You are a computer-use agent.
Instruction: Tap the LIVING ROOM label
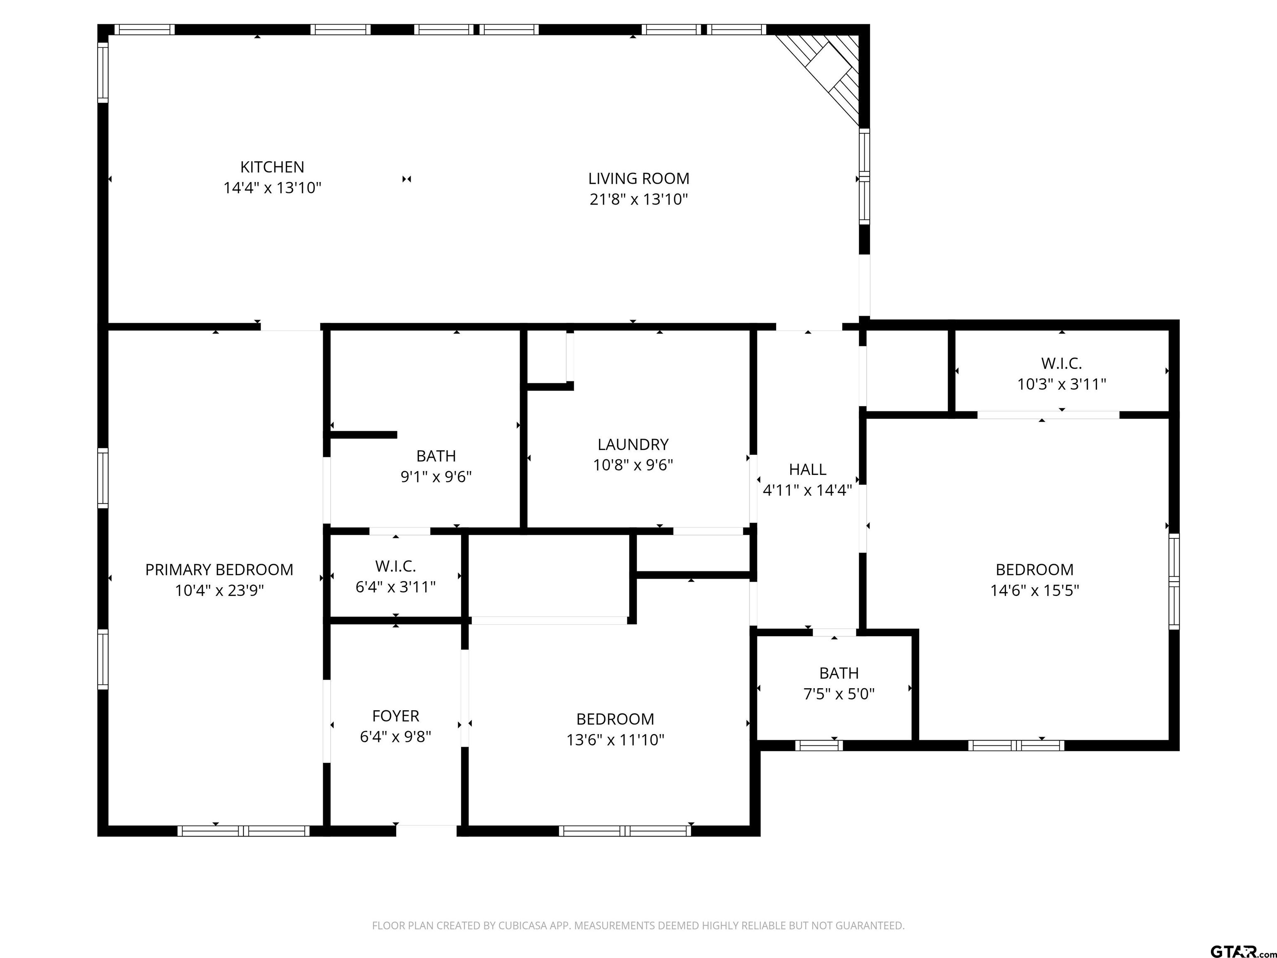[x=638, y=178]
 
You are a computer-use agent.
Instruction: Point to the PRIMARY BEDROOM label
[x=219, y=570]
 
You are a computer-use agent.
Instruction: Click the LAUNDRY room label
[x=633, y=444]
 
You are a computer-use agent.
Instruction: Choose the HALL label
[x=808, y=469]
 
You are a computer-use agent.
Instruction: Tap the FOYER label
[x=395, y=716]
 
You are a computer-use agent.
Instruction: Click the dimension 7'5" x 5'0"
[x=839, y=694]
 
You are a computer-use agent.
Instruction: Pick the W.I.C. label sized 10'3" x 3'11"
[x=1061, y=364]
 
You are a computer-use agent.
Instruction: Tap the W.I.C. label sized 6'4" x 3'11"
[x=395, y=566]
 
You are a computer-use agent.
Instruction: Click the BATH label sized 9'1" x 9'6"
[x=436, y=456]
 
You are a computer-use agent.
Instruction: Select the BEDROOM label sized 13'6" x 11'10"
[x=615, y=719]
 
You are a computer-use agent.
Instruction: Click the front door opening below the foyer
[x=426, y=831]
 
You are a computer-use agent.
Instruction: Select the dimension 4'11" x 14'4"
[x=808, y=491]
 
